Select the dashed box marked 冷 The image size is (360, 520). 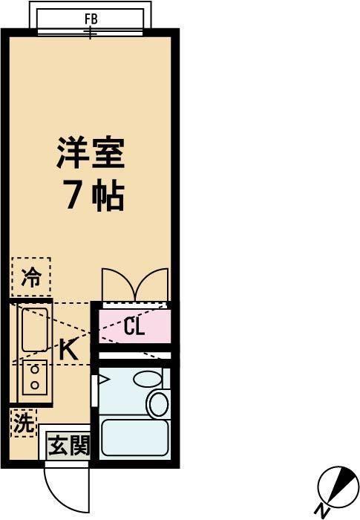click(31, 278)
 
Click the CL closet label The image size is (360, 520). click(134, 327)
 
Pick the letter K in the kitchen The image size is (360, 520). click(68, 350)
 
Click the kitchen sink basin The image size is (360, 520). click(34, 329)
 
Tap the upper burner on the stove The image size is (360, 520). click(33, 369)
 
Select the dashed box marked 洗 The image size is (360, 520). click(24, 424)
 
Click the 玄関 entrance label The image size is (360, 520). click(68, 446)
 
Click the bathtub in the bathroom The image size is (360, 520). click(134, 438)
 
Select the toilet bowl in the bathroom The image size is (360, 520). click(158, 404)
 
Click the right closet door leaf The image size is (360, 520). click(154, 284)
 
